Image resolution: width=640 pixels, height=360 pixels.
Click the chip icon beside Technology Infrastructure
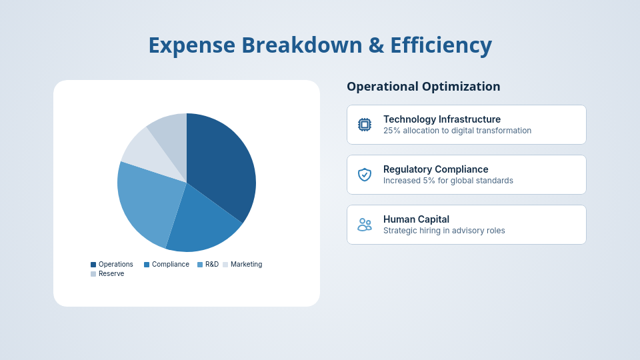(365, 125)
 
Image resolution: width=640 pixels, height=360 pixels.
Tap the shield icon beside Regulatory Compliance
(365, 175)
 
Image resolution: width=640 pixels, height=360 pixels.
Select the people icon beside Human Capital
(365, 225)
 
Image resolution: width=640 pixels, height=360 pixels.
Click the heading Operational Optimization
(423, 87)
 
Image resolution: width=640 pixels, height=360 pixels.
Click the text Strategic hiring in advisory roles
(444, 231)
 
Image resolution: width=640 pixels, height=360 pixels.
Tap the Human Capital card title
(416, 219)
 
